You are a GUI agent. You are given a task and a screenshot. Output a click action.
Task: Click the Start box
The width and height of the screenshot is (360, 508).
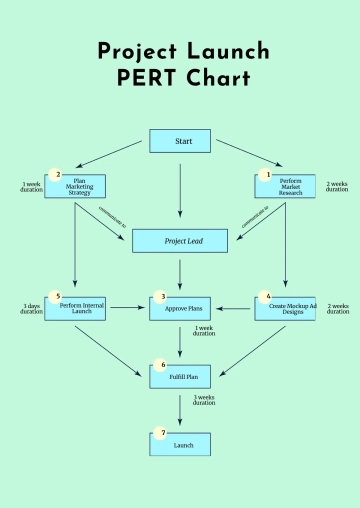pyautogui.click(x=180, y=141)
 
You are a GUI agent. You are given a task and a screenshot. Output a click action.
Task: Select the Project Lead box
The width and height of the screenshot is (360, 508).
pyautogui.click(x=180, y=241)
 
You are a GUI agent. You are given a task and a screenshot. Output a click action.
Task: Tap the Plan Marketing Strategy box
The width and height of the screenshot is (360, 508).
pyautogui.click(x=76, y=186)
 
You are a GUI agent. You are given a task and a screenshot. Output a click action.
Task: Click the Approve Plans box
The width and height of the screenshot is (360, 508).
pyautogui.click(x=180, y=309)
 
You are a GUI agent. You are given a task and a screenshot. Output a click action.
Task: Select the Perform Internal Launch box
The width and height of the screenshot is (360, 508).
pyautogui.click(x=76, y=309)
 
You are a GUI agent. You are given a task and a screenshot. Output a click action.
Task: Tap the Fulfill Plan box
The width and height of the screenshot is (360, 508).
pyautogui.click(x=180, y=377)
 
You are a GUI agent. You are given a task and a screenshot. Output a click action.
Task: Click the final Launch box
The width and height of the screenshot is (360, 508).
pyautogui.click(x=180, y=443)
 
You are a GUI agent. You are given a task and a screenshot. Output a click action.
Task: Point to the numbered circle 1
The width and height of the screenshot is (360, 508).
pyautogui.click(x=266, y=175)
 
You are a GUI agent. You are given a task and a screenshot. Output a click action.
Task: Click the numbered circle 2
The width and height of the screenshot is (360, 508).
pyautogui.click(x=58, y=175)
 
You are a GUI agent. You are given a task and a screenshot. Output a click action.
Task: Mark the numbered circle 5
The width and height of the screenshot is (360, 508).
pyautogui.click(x=58, y=297)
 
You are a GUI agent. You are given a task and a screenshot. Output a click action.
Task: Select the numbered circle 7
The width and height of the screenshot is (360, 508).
pyautogui.click(x=162, y=433)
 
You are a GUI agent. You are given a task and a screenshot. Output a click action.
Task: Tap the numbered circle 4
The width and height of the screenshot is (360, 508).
pyautogui.click(x=267, y=297)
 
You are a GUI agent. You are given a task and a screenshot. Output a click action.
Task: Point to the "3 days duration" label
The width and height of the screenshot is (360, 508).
pyautogui.click(x=32, y=309)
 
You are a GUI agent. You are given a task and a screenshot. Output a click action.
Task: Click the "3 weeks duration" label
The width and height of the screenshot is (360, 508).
pyautogui.click(x=204, y=400)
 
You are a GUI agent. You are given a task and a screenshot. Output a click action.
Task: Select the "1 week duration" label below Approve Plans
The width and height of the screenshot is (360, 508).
pyautogui.click(x=204, y=331)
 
